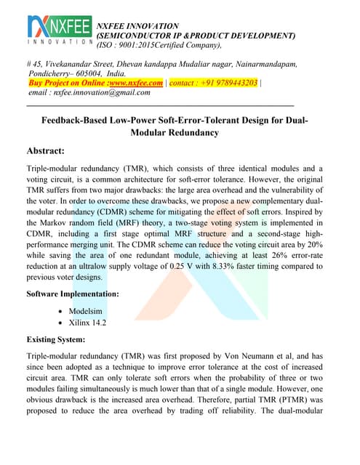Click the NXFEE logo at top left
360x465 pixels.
pos(58,33)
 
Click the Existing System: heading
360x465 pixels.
pos(56,339)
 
